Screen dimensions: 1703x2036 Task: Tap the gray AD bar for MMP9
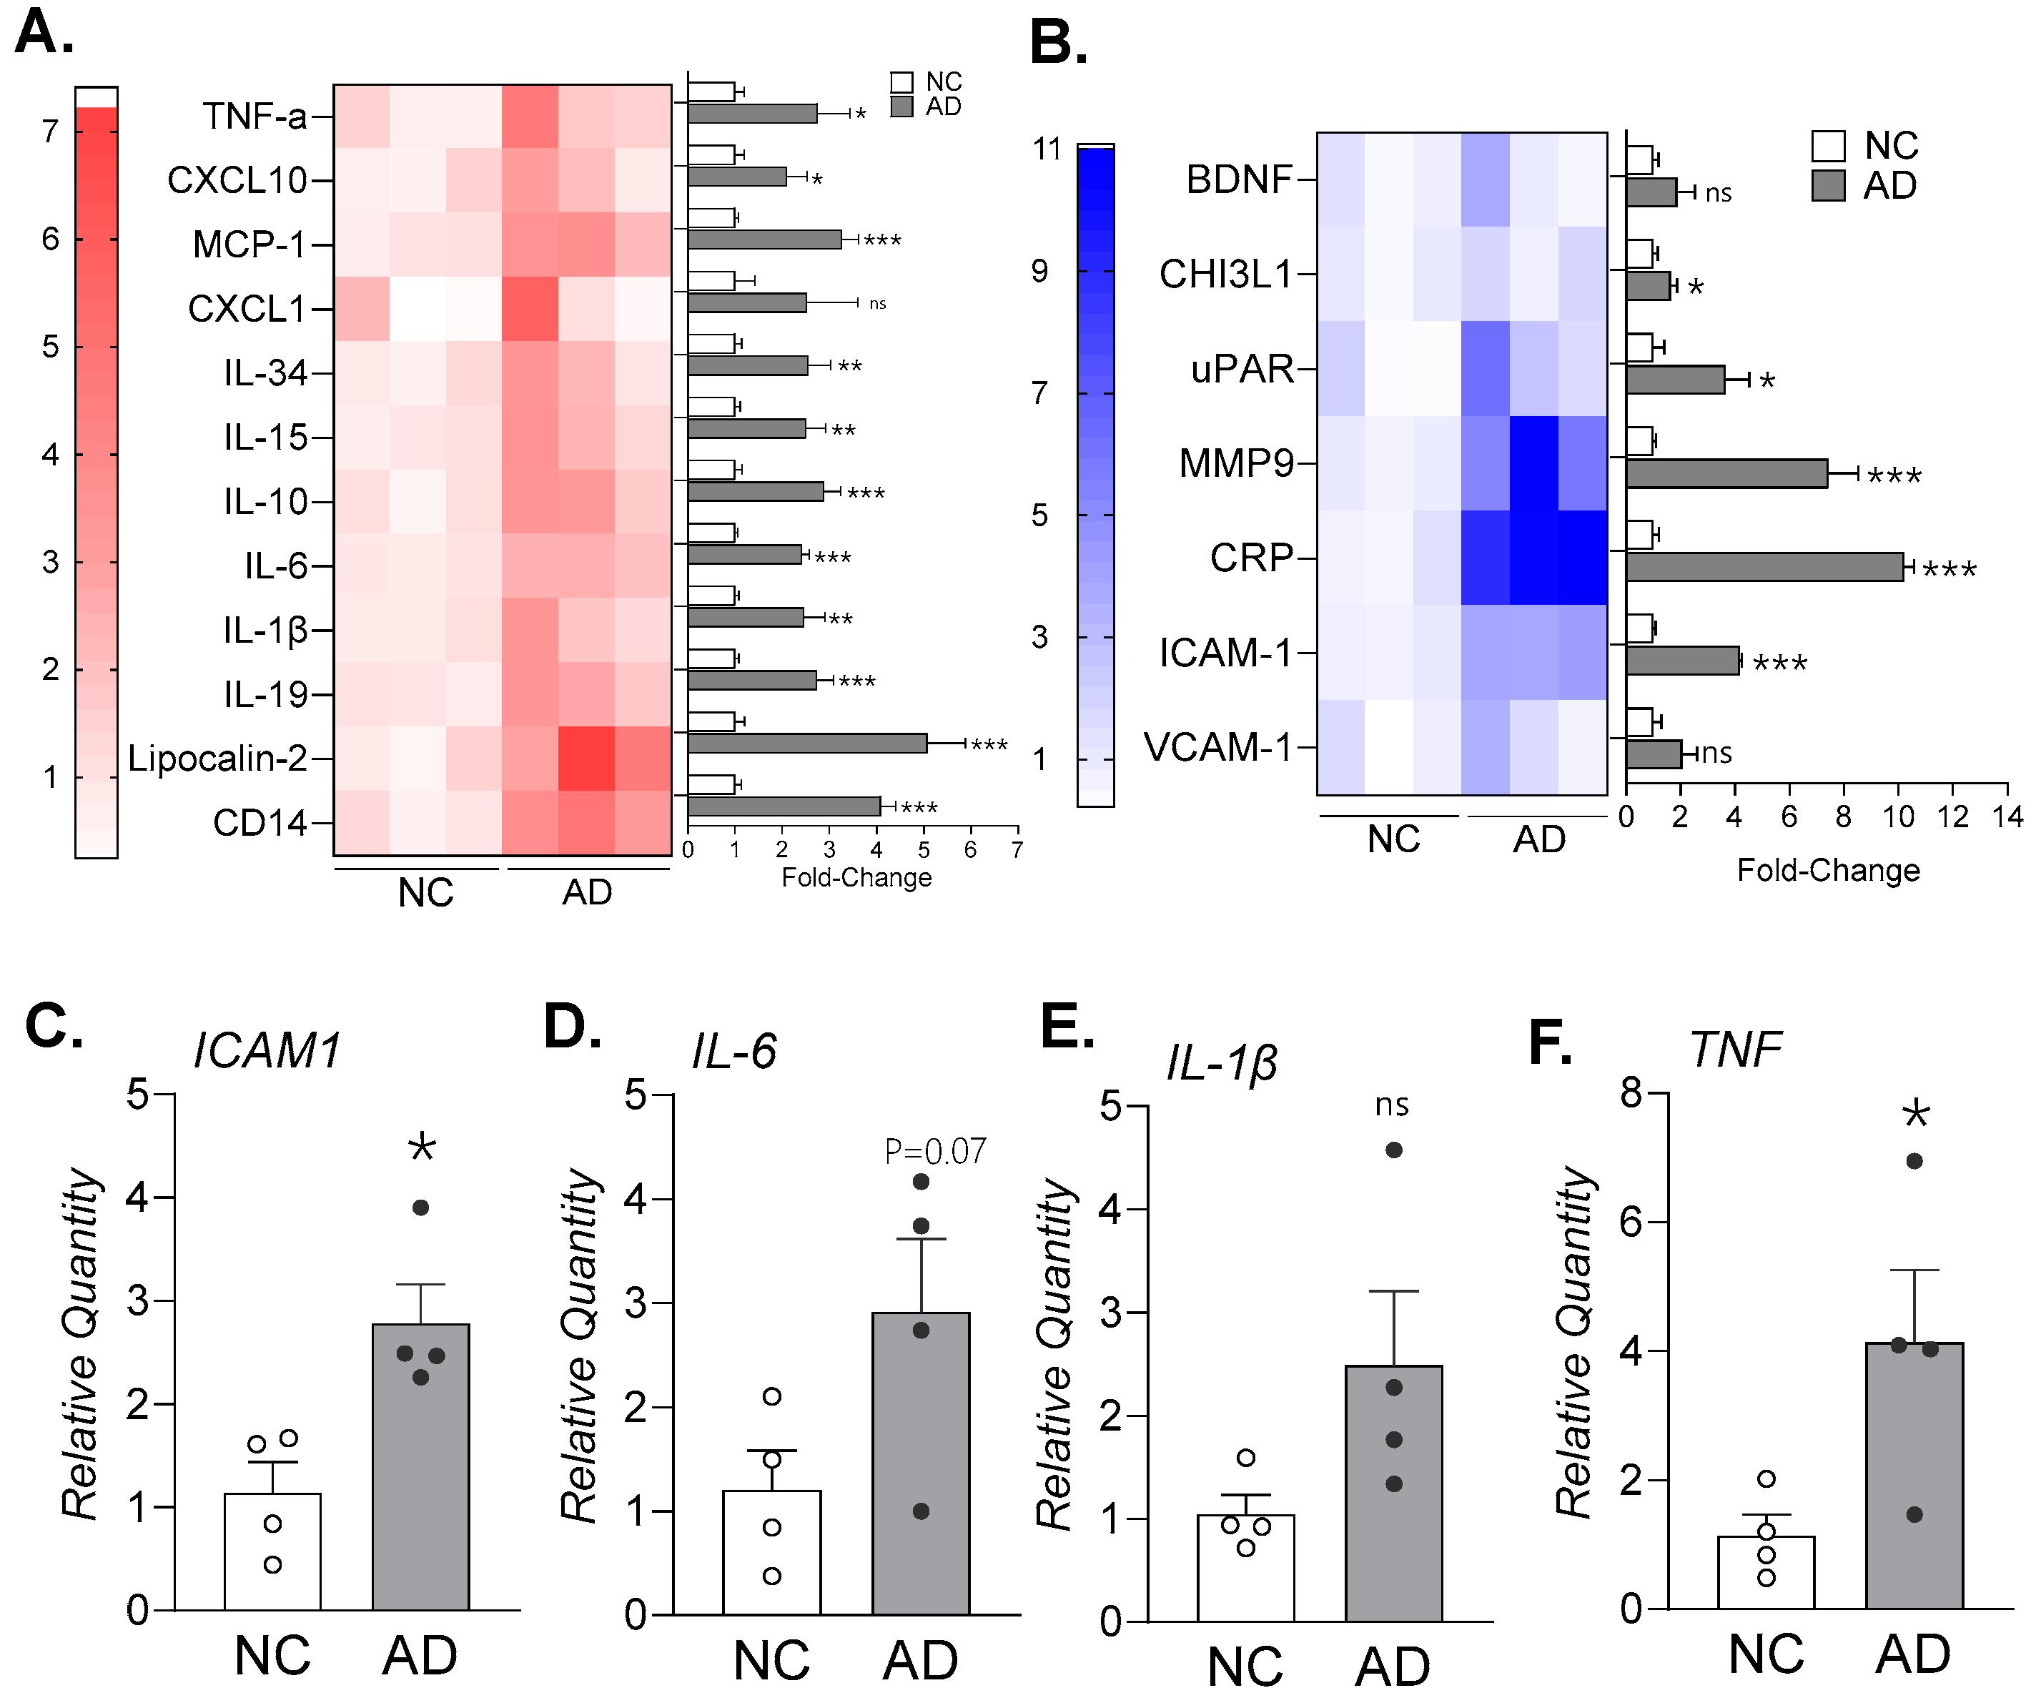[1726, 473]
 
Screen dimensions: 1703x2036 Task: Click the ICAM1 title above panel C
[267, 1051]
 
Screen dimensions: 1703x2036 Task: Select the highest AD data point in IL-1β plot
[1394, 1150]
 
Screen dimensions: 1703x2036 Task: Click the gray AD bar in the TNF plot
[1914, 1474]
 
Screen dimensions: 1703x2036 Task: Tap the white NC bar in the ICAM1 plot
[272, 1551]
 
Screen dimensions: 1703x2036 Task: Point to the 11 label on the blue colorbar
[1047, 149]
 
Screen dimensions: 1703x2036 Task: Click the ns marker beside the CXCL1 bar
[877, 304]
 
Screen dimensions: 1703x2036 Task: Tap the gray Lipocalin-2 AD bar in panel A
[806, 744]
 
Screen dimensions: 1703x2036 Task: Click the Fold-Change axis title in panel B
[1827, 870]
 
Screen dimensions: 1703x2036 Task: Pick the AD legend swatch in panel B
[1827, 185]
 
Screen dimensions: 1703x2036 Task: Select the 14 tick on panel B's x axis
[2007, 818]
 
